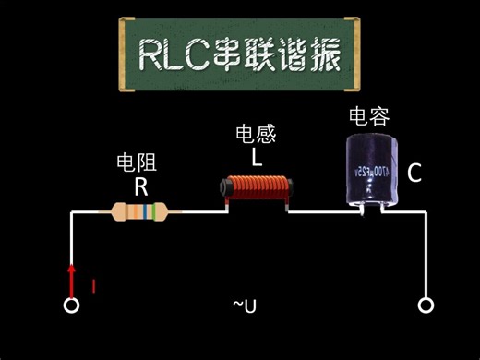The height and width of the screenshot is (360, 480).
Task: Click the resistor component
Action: pos(140,213)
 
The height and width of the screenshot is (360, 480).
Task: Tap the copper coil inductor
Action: pos(255,190)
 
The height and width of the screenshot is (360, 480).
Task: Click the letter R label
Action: pos(140,187)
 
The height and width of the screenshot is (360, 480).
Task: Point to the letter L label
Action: pos(257,158)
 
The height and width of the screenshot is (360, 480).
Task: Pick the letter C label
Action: pos(414,173)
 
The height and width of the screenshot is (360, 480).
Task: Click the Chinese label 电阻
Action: pos(137,163)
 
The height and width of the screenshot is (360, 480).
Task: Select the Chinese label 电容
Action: pos(368,116)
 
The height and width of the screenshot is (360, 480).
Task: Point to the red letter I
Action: pos(93,285)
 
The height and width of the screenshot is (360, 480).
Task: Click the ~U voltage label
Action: pos(244,305)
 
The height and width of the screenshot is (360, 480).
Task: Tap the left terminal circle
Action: pos(70,306)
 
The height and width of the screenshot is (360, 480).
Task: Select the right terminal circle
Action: pos(426,306)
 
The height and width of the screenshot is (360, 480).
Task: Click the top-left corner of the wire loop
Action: pos(71,213)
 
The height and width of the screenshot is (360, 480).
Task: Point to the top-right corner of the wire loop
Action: pos(426,213)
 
